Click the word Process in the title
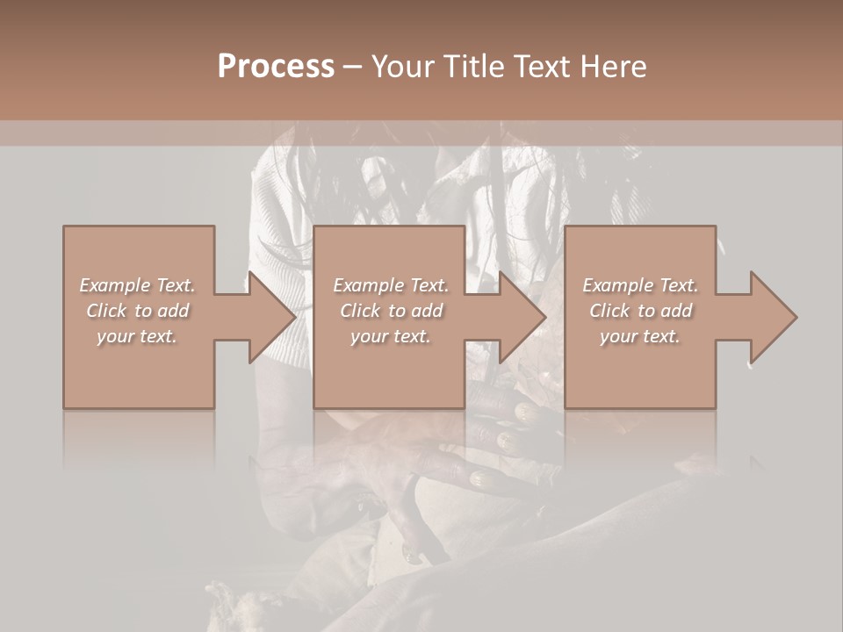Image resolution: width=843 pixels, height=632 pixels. pos(276,67)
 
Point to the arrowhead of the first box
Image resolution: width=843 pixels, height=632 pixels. pos(272,317)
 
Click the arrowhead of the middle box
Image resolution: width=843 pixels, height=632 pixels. pos(523,317)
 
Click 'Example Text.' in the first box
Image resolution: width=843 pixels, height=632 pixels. pos(137,285)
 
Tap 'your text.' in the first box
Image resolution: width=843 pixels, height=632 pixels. pos(137,336)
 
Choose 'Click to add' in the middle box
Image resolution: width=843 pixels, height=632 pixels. pos(391,311)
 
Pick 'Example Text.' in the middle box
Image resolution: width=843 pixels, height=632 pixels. pos(391,285)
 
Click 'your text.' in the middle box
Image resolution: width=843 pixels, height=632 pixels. pos(391,336)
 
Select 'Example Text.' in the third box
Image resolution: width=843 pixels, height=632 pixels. pos(640,285)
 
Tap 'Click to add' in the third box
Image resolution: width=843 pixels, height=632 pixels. pos(640,311)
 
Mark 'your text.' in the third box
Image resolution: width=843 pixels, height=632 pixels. pos(640,336)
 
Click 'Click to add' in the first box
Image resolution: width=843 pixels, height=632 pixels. pos(137,311)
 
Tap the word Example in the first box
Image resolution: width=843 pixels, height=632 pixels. pos(115,285)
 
